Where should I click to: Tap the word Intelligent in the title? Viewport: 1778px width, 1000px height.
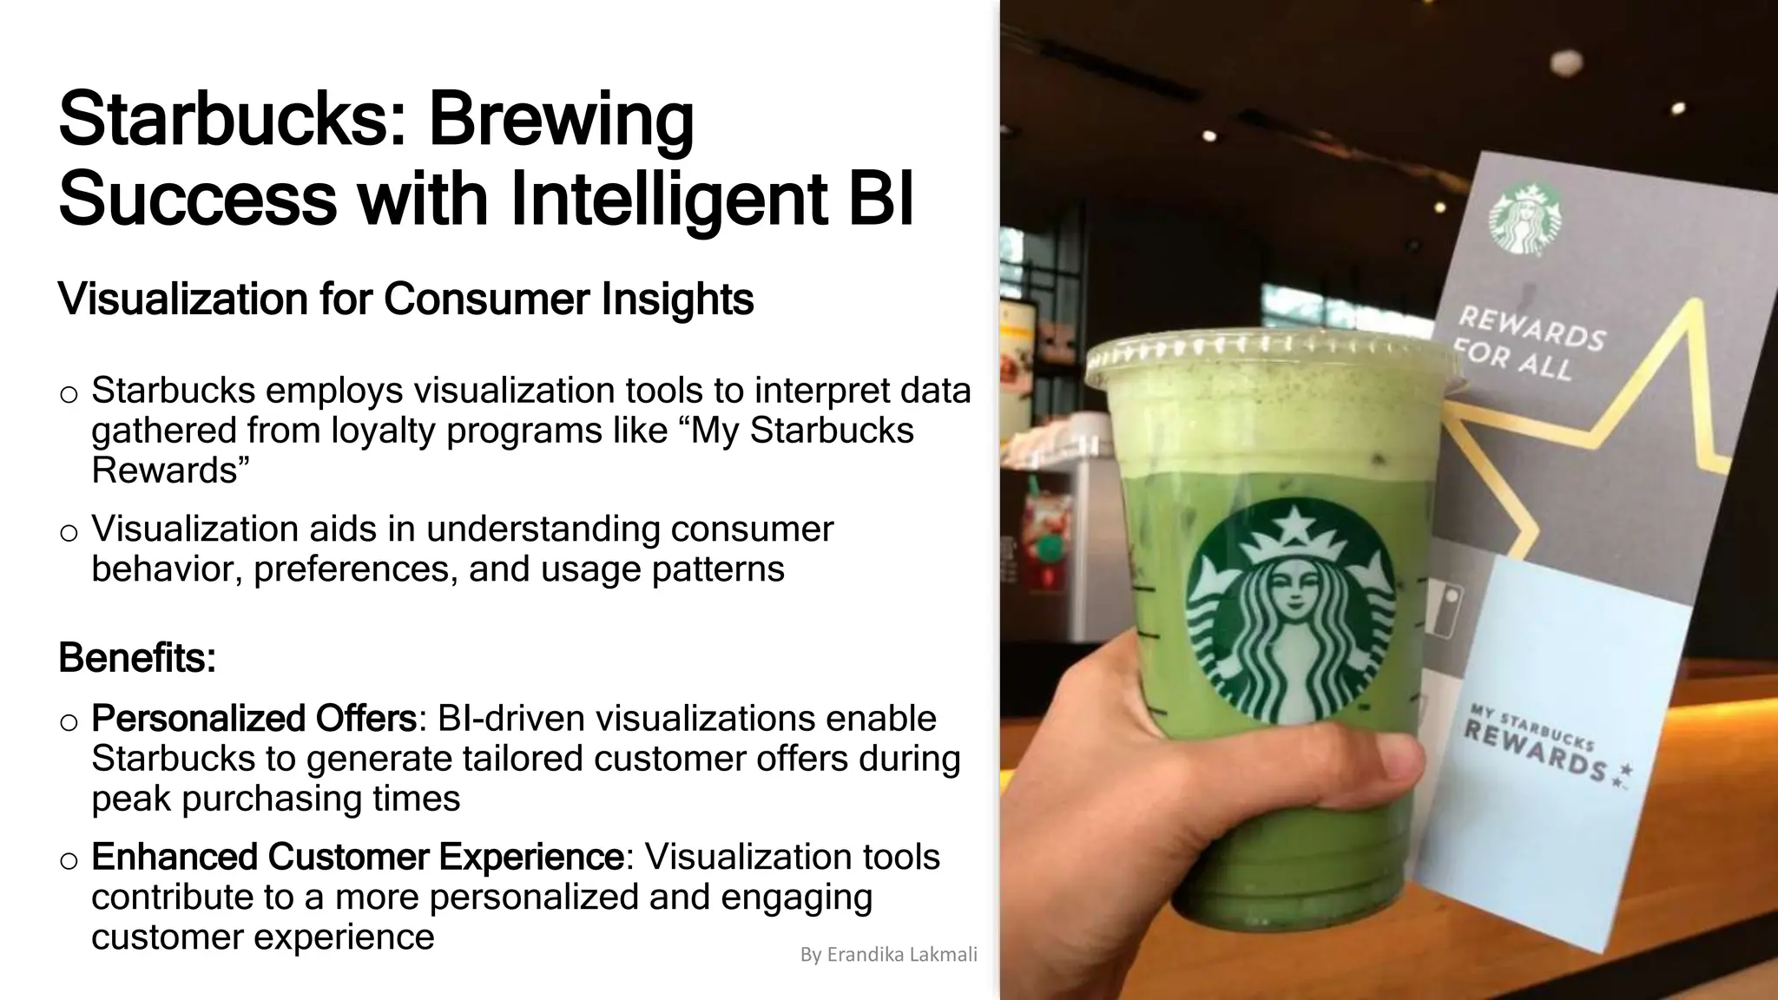click(668, 200)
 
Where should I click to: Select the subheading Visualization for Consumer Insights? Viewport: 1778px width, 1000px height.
click(405, 299)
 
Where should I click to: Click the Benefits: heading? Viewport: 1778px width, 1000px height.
click(137, 658)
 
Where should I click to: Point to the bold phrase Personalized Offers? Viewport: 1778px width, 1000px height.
click(254, 719)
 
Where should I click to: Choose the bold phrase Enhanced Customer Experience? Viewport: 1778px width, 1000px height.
click(357, 857)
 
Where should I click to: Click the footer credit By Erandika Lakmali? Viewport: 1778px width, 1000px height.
click(888, 955)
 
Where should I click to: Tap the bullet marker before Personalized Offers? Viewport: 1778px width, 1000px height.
click(69, 722)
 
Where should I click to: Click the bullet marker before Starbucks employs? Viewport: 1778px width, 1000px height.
click(69, 395)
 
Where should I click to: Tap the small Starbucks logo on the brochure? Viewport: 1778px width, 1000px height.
click(1524, 217)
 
